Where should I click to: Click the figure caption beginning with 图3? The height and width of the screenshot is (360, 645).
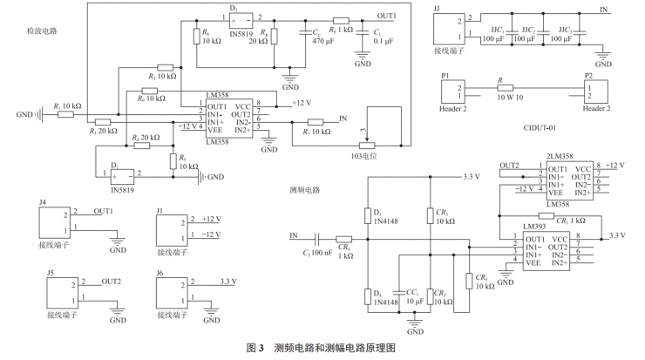pyautogui.click(x=322, y=349)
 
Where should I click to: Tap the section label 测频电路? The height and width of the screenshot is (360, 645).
pyautogui.click(x=304, y=189)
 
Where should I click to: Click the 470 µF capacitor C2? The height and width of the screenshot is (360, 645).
pyautogui.click(x=306, y=37)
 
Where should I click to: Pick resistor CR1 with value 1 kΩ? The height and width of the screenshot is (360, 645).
pyautogui.click(x=548, y=216)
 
